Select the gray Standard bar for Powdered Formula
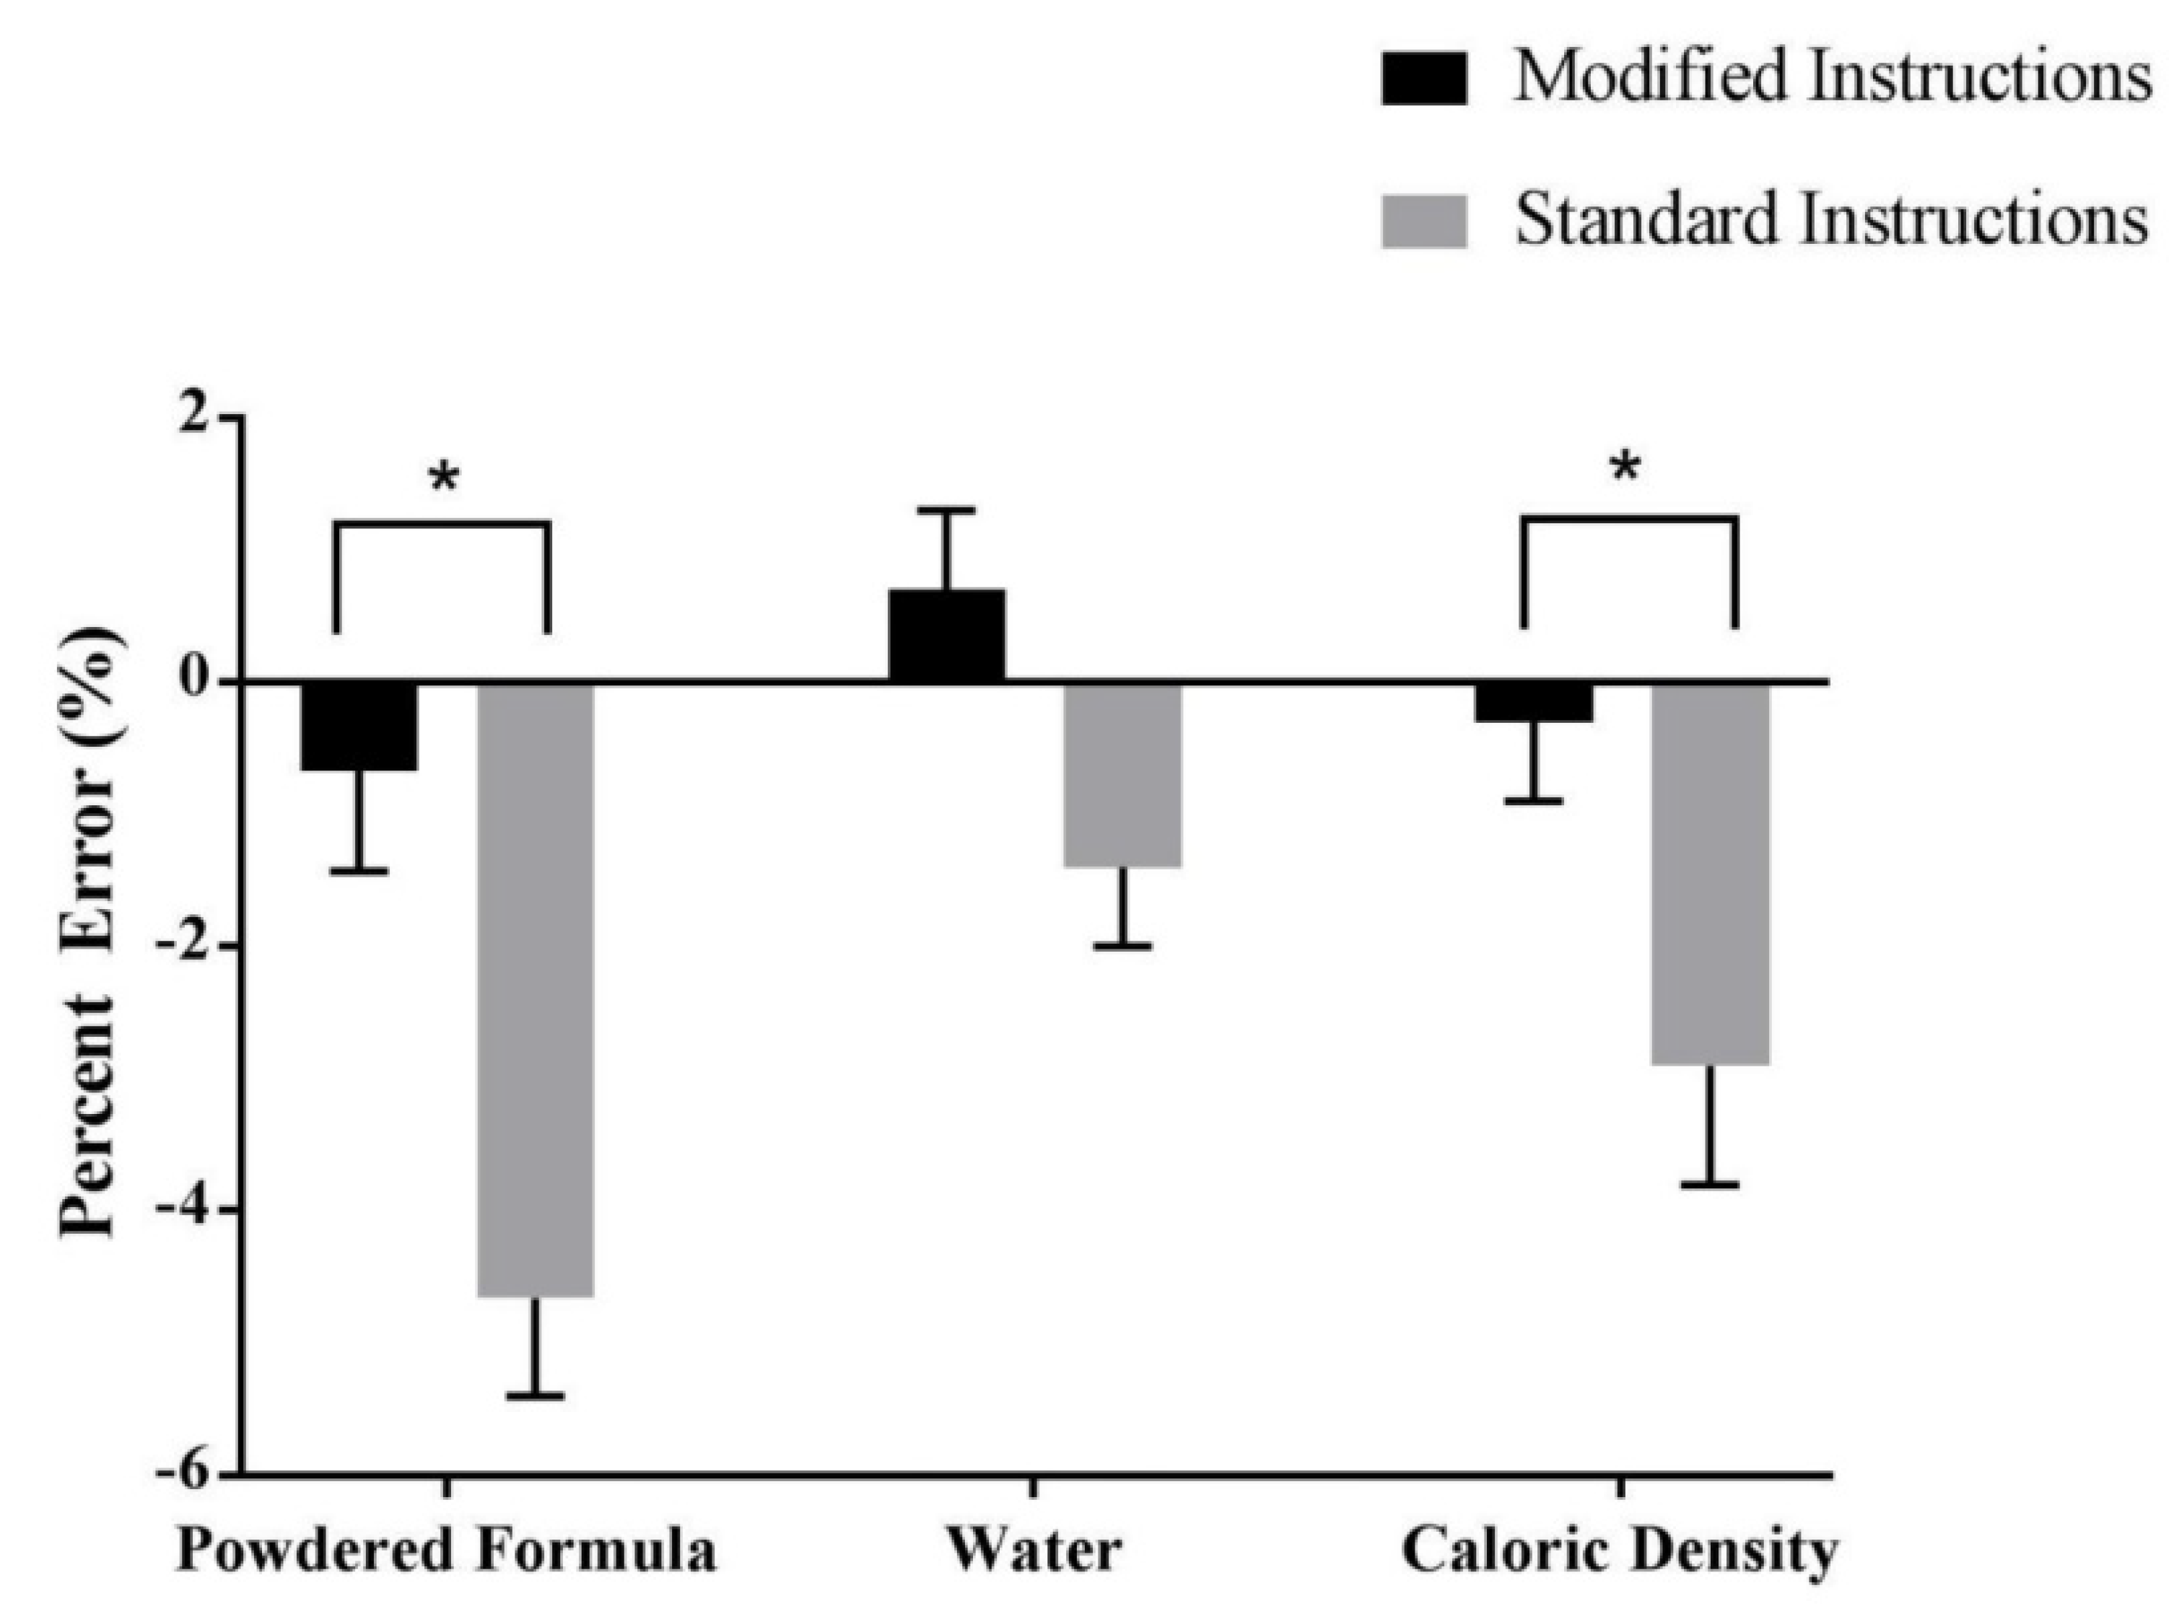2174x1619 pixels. coord(535,989)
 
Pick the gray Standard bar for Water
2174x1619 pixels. coord(1123,774)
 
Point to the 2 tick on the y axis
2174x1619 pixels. coord(200,416)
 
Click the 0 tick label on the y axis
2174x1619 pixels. coord(200,680)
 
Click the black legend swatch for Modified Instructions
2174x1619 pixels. coord(1424,79)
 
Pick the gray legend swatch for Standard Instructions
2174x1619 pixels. coord(1424,221)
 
